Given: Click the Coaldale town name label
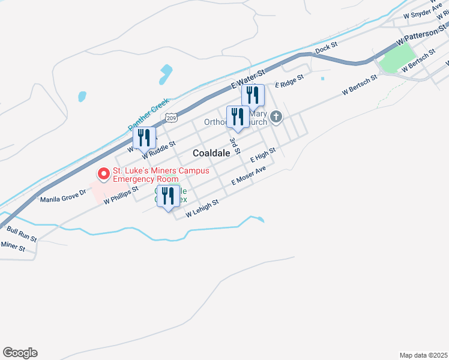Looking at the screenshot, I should click(x=211, y=153).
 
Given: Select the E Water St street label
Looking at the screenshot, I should click(x=248, y=80).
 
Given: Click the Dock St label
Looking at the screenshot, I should click(x=327, y=46).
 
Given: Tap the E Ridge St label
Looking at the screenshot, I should click(x=289, y=80).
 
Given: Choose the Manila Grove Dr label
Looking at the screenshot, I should click(x=63, y=196).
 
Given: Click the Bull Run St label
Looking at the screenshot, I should click(x=22, y=233).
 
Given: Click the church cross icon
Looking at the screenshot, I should click(x=276, y=116).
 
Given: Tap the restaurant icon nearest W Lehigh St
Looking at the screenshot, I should click(x=168, y=196).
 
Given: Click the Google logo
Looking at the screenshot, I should click(x=20, y=353).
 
